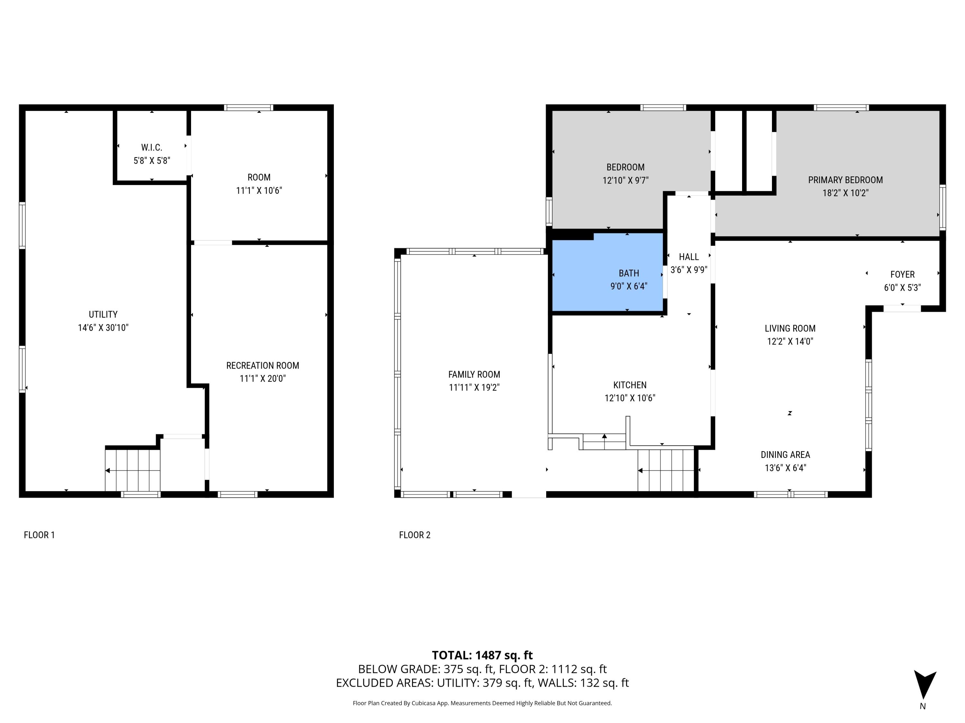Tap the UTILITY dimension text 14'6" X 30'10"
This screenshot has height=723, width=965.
pyautogui.click(x=103, y=328)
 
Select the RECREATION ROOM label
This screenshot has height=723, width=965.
pyautogui.click(x=262, y=366)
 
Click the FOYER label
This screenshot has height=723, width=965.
pyautogui.click(x=902, y=274)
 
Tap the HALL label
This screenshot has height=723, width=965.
pyautogui.click(x=688, y=257)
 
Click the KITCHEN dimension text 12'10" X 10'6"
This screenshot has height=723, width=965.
pyautogui.click(x=630, y=398)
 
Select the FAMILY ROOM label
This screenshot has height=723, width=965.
pyautogui.click(x=474, y=374)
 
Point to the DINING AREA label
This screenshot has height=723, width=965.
pyautogui.click(x=785, y=455)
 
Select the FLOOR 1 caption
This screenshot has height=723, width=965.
pyautogui.click(x=39, y=535)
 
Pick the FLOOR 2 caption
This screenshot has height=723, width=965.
pyautogui.click(x=414, y=535)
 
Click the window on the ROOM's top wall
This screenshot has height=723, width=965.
pyautogui.click(x=249, y=108)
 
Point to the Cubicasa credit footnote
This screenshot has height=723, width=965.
pyautogui.click(x=482, y=703)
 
